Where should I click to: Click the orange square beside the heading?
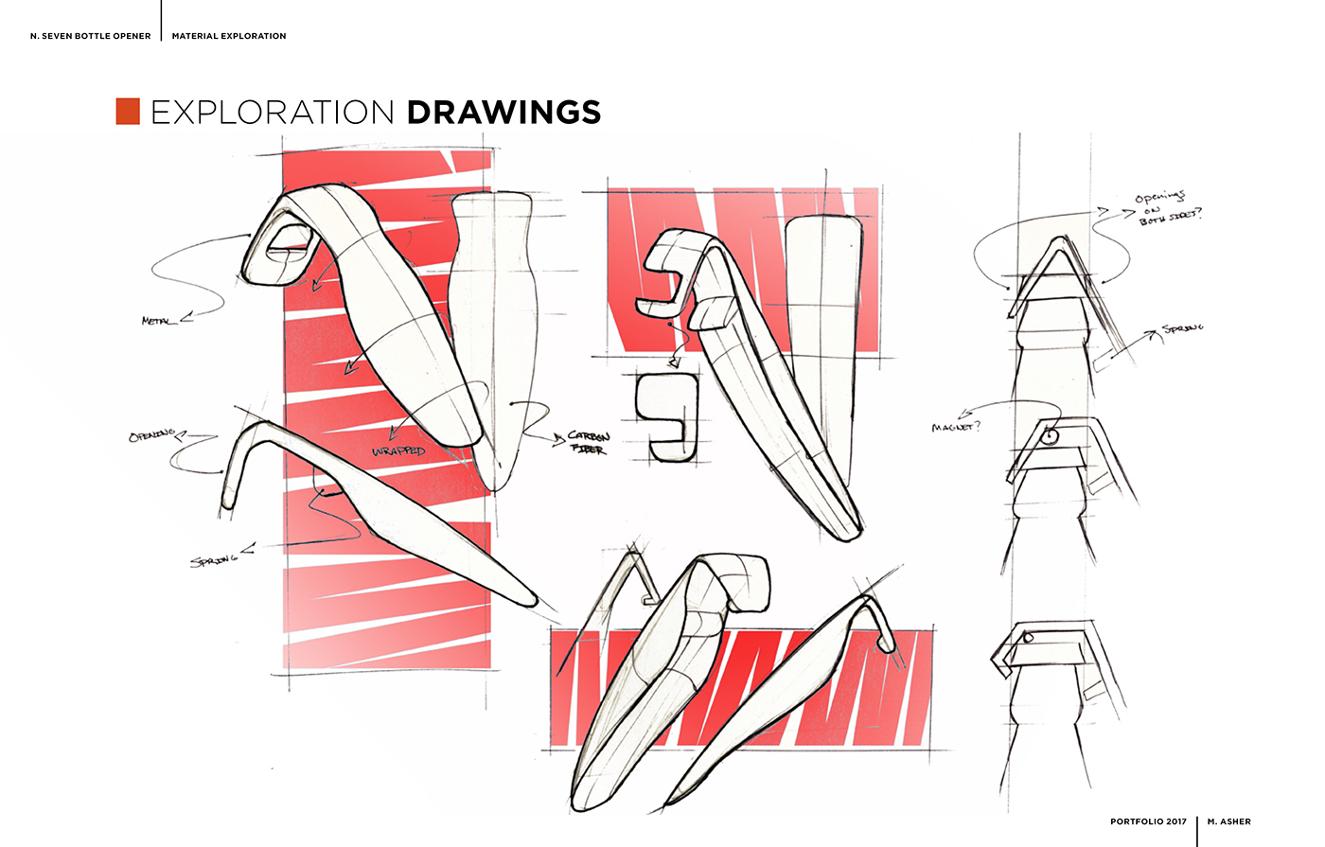pyautogui.click(x=128, y=112)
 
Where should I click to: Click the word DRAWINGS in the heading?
pyautogui.click(x=503, y=112)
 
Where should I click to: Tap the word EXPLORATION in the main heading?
pyautogui.click(x=273, y=112)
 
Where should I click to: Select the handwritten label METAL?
pyautogui.click(x=157, y=322)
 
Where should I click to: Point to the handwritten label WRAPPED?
pyautogui.click(x=398, y=451)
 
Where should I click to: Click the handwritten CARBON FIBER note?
pyautogui.click(x=589, y=443)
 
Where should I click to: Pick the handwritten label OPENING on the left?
pyautogui.click(x=151, y=435)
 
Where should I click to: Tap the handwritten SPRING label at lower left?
pyautogui.click(x=213, y=559)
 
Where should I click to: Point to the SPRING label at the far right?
pyautogui.click(x=1183, y=329)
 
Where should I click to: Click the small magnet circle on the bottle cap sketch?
pyautogui.click(x=1050, y=437)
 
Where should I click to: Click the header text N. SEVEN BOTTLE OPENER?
pyautogui.click(x=91, y=36)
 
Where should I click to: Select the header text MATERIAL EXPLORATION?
pyautogui.click(x=229, y=36)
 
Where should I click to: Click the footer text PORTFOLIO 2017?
pyautogui.click(x=1148, y=821)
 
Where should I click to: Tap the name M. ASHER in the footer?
pyautogui.click(x=1228, y=821)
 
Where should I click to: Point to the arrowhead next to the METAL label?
pyautogui.click(x=185, y=318)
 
